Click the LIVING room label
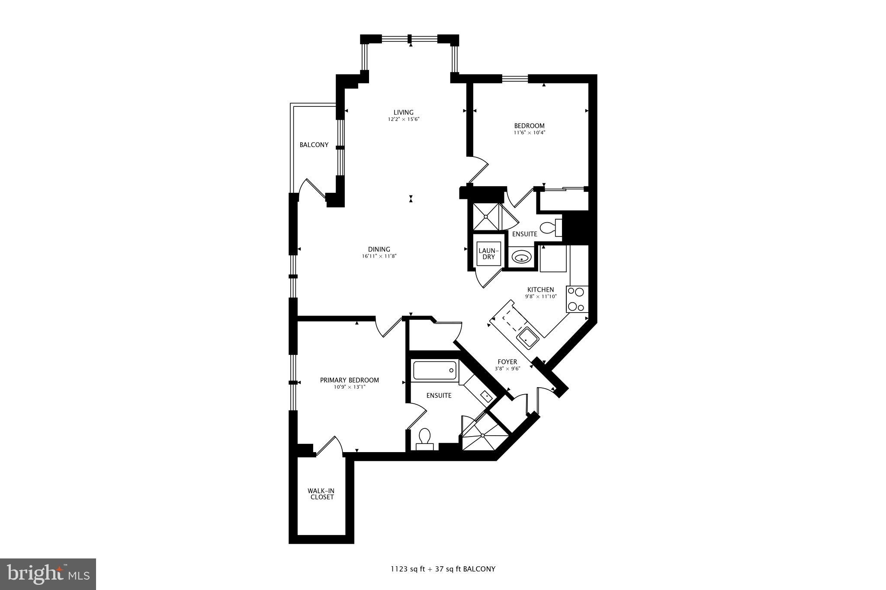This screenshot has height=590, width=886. [x=403, y=112]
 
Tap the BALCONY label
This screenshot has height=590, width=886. [x=314, y=145]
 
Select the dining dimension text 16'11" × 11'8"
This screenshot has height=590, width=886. [x=379, y=256]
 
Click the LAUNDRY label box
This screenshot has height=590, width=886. [x=488, y=254]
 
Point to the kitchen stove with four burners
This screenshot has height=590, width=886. [x=577, y=299]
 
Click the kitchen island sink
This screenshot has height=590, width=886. [x=528, y=338]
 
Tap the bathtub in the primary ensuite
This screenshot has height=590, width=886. [x=435, y=370]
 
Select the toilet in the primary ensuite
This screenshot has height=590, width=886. [x=424, y=438]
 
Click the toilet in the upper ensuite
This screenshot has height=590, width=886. [x=550, y=228]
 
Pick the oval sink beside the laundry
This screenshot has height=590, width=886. [x=521, y=258]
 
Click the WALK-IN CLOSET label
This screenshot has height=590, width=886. [x=321, y=494]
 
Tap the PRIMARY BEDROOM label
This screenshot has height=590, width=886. [x=349, y=380]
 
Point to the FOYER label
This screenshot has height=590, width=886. [x=507, y=362]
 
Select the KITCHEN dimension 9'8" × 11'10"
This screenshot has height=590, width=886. [x=540, y=297]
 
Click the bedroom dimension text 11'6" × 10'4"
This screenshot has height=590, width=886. [x=529, y=133]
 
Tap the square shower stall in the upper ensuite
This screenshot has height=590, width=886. [x=486, y=217]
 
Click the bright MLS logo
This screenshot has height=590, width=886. [x=48, y=574]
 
